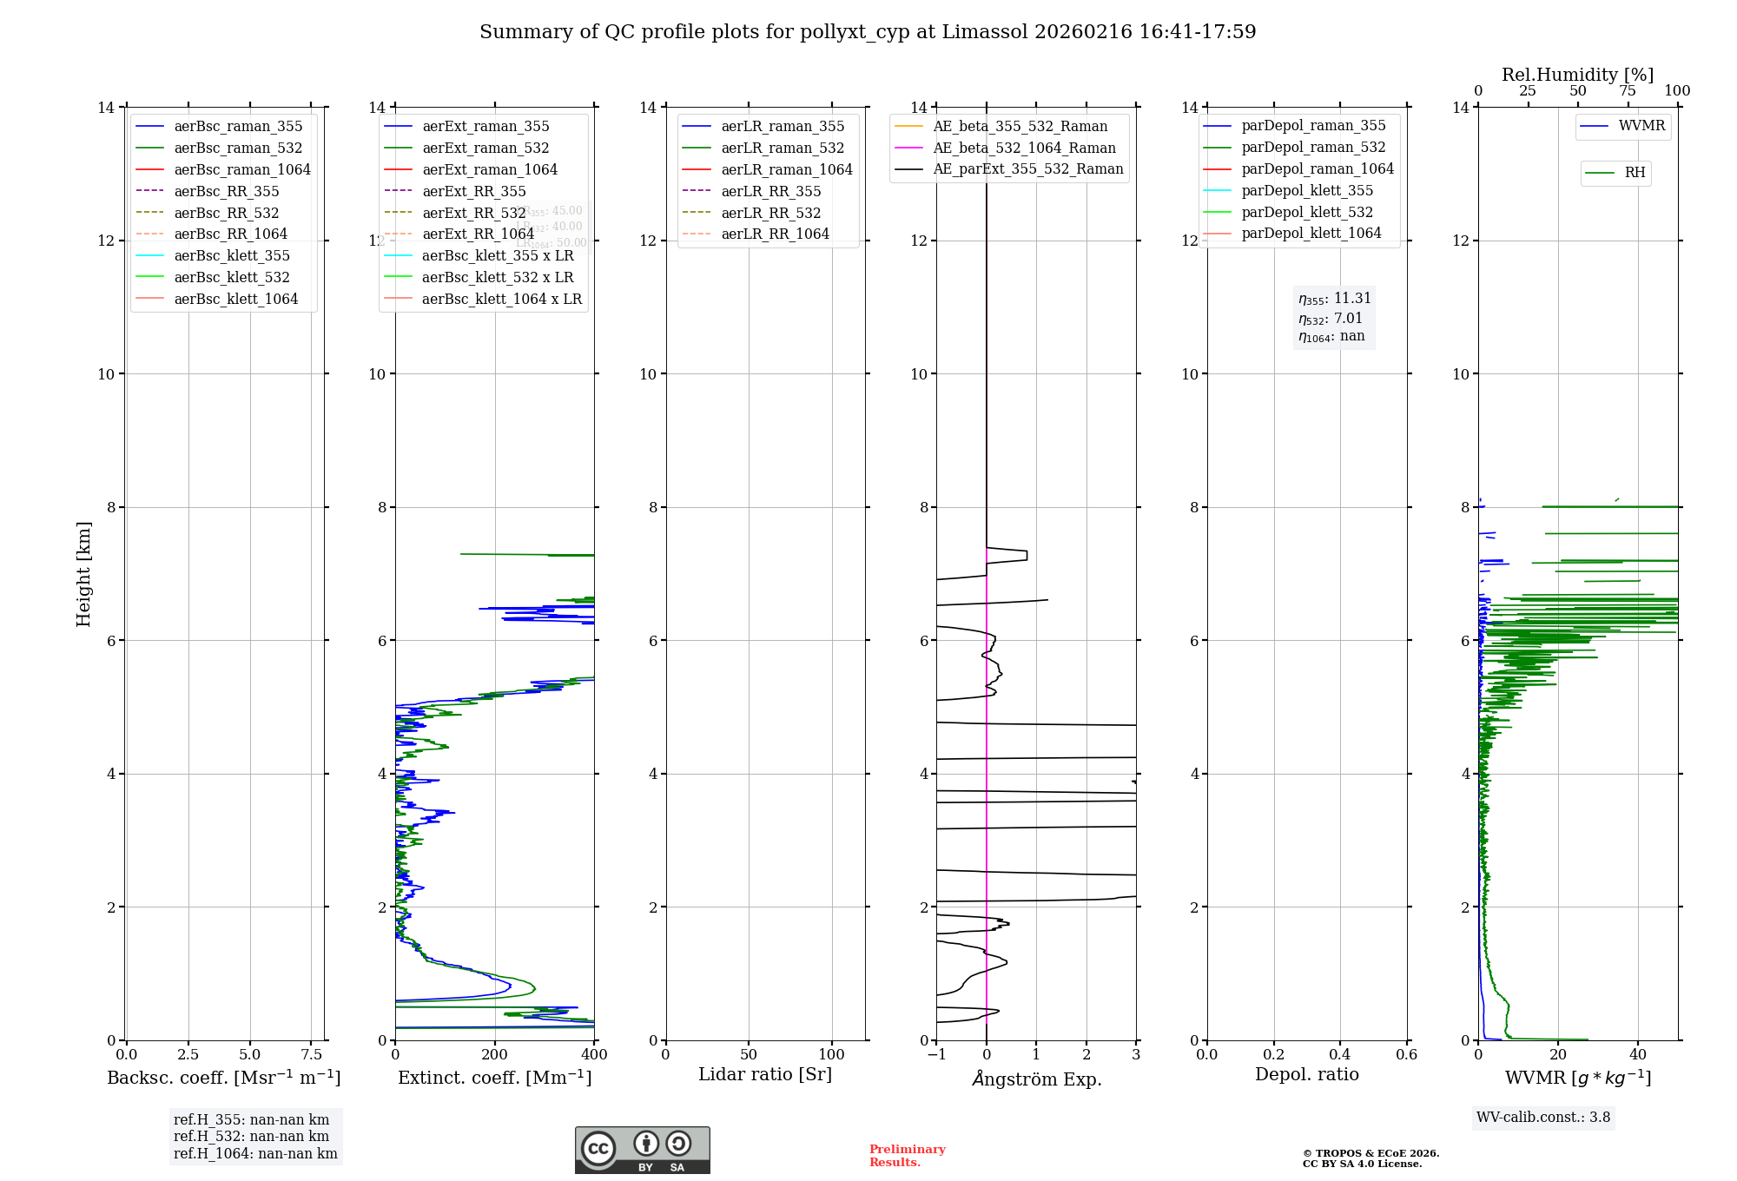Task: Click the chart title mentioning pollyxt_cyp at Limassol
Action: click(x=868, y=32)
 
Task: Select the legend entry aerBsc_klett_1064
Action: click(x=235, y=299)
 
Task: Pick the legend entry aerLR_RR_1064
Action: click(x=775, y=234)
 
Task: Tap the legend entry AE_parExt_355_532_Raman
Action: click(x=1027, y=169)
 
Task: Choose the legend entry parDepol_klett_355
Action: click(x=1307, y=190)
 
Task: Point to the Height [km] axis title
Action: click(x=83, y=573)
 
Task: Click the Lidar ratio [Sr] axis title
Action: click(x=765, y=1074)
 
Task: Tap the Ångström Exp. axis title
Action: click(x=1036, y=1079)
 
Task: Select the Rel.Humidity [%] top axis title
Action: click(x=1577, y=75)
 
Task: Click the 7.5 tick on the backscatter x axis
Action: click(x=312, y=1055)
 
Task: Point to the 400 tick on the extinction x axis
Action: click(x=594, y=1055)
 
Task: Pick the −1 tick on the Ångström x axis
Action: click(x=936, y=1055)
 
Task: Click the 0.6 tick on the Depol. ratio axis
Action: click(x=1406, y=1055)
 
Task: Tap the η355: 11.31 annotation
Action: click(x=1334, y=299)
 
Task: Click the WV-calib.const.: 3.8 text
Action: click(x=1543, y=1118)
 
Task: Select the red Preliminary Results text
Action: click(x=907, y=1156)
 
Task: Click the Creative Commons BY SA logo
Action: click(x=642, y=1150)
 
